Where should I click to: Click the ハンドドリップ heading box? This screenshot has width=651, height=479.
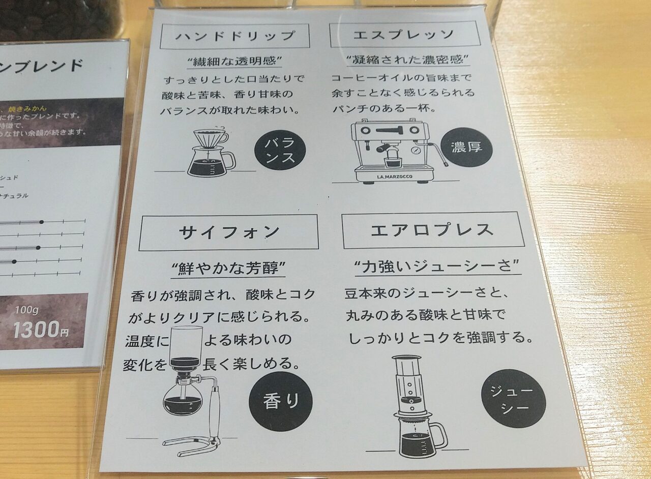(234, 36)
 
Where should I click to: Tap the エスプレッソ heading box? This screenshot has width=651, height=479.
(404, 35)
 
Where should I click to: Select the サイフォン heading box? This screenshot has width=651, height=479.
(228, 232)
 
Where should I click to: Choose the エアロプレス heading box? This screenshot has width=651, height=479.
(433, 230)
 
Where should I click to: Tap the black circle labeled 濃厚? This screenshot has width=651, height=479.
(466, 147)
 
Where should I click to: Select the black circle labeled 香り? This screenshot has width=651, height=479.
(280, 402)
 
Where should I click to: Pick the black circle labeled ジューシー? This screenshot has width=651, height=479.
(513, 399)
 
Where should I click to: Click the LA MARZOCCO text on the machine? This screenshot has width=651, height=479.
(395, 177)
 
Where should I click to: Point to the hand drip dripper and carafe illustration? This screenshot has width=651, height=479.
(210, 153)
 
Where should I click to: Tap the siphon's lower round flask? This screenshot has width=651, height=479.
(182, 399)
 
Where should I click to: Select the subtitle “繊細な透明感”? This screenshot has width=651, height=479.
(234, 62)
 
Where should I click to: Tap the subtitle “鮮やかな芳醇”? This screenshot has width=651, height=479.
(227, 268)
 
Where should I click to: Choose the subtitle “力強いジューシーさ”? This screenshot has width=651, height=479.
(436, 266)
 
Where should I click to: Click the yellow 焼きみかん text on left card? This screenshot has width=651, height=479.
(30, 108)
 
